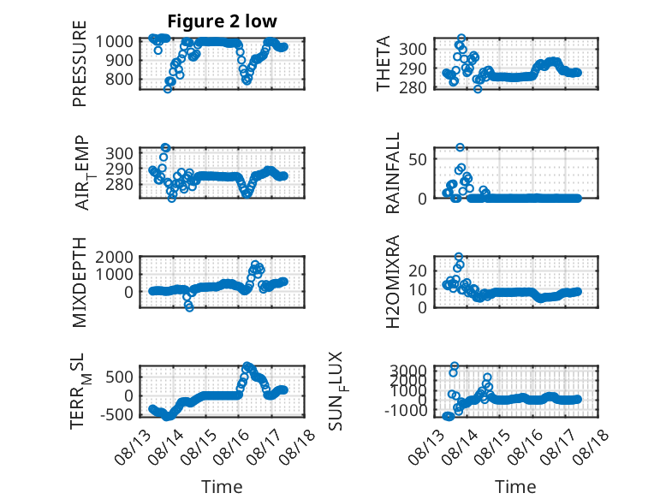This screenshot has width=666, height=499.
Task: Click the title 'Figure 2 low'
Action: (222, 21)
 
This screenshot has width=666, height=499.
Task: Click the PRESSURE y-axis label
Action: (80, 63)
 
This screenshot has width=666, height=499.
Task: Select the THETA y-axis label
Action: (384, 63)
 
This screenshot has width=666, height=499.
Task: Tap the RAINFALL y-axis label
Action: (392, 173)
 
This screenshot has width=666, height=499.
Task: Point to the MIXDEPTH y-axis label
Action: (80, 282)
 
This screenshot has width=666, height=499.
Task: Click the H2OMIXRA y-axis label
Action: (392, 282)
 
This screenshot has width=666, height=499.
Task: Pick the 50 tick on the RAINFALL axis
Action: (418, 160)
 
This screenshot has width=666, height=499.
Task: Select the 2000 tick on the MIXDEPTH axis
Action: (114, 257)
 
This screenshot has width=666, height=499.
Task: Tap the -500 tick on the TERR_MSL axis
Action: (116, 414)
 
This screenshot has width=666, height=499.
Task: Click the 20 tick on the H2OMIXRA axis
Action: (418, 270)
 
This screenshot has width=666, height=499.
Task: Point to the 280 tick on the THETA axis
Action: (413, 87)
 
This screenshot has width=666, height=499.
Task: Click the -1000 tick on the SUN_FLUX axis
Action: (406, 411)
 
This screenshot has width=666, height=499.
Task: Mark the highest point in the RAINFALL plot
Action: (460, 147)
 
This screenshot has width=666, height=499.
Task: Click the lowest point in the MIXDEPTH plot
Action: (189, 307)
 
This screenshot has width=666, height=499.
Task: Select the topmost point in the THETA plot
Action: (461, 39)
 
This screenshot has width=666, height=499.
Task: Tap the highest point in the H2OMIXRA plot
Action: (458, 257)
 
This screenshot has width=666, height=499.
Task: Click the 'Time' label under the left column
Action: (222, 487)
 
